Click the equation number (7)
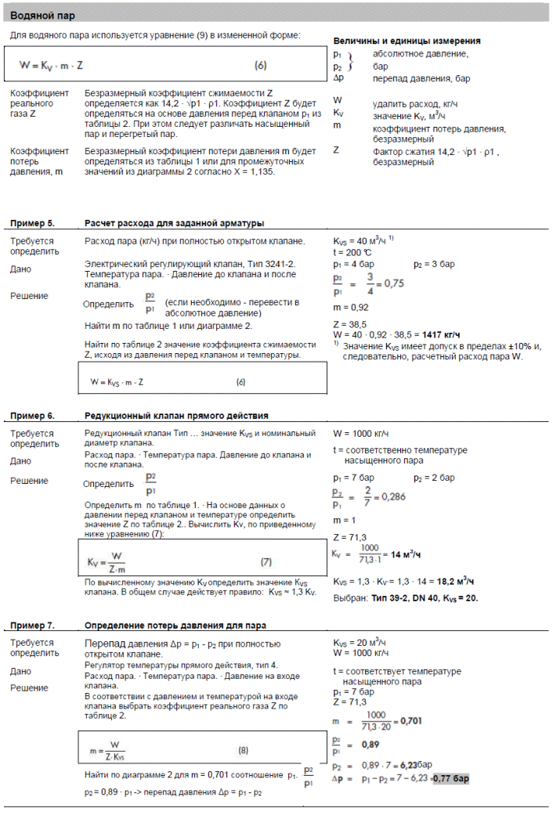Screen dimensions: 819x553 266,561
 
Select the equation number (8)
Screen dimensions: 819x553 244,750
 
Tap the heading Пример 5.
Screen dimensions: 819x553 32,223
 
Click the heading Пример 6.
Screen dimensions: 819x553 32,415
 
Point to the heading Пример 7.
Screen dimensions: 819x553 32,625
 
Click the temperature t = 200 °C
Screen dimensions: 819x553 353,253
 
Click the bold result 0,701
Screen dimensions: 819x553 411,720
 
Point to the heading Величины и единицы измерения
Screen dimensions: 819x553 407,41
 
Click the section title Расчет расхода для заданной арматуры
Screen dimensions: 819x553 174,223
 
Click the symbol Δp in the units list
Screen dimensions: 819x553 338,78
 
